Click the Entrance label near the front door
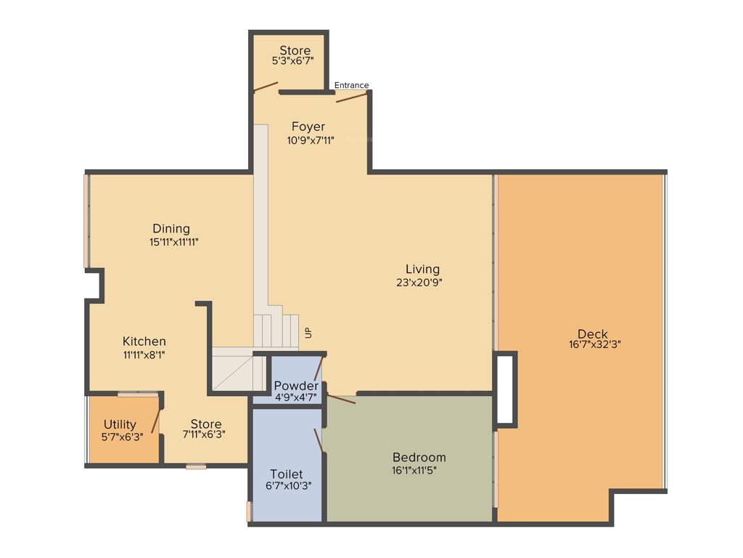[x=351, y=85]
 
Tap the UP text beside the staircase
[x=308, y=333]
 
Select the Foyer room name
[x=308, y=126]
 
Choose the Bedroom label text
[x=419, y=457]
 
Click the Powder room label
[x=295, y=385]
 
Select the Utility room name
[x=120, y=424]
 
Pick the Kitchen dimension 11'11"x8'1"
[x=144, y=355]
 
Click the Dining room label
[x=171, y=229]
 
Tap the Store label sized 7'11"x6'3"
[x=206, y=424]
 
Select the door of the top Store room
[x=266, y=87]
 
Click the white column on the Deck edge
[x=505, y=389]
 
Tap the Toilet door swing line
[x=318, y=440]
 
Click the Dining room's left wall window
[x=87, y=222]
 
